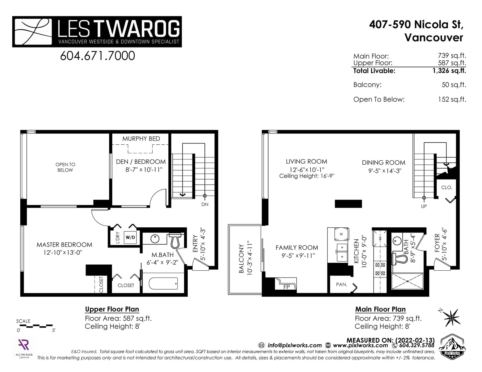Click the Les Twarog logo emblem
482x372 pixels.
pos(33,32)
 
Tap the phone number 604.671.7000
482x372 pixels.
pos(97,56)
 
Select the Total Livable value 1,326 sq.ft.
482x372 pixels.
pos(449,71)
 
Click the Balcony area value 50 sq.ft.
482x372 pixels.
pos(454,85)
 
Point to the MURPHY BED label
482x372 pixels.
pos(141,139)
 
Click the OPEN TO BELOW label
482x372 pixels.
pos(65,167)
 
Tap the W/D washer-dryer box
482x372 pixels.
pos(130,237)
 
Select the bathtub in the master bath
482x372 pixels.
pos(163,283)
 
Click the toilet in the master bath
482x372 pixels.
pos(175,241)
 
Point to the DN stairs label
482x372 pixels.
pos(205,204)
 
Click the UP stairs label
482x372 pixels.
pos(424,206)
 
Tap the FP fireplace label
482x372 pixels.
pos(286,287)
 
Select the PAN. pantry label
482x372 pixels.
pos(341,284)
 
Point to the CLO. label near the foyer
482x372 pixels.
pos(446,188)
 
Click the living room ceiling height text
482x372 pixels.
pos(307,176)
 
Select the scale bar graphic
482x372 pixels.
pos(36,326)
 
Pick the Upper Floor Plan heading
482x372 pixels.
pos(112,309)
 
